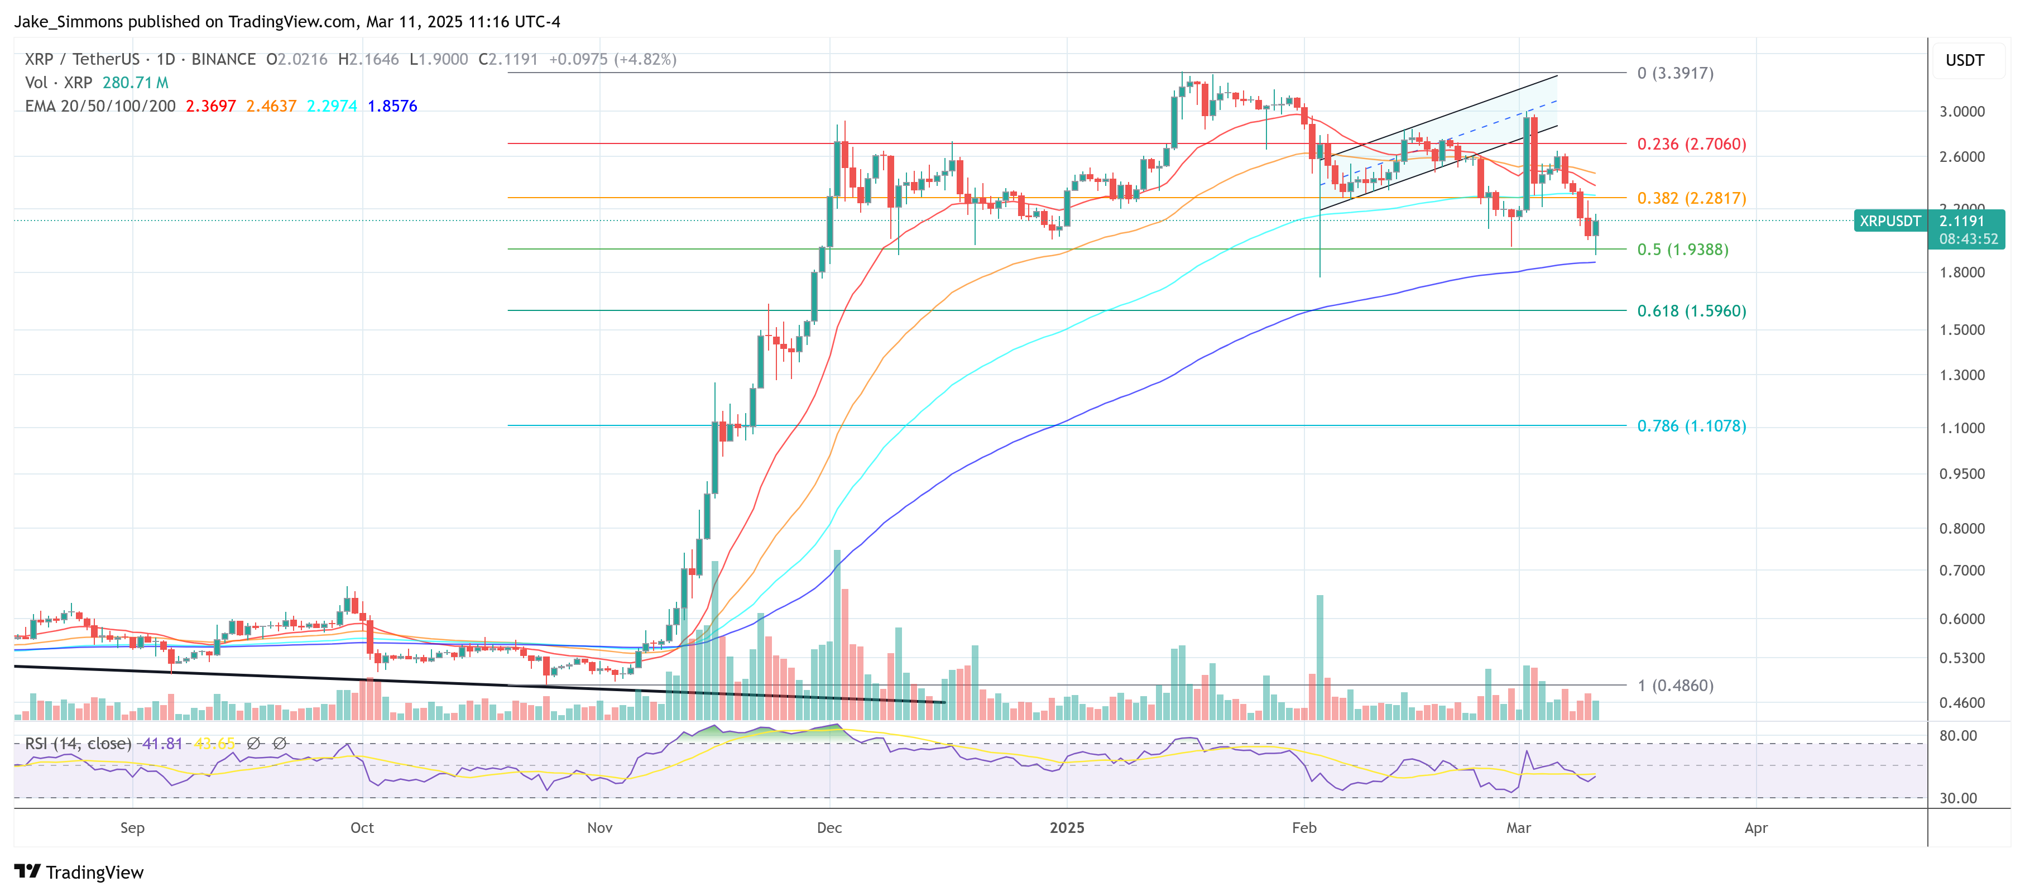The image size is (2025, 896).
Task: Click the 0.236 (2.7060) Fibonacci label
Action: point(1691,144)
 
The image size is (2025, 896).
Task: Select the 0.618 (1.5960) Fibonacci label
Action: point(1691,310)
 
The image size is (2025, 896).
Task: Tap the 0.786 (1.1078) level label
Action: point(1691,426)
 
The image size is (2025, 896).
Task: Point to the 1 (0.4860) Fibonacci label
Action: point(1674,686)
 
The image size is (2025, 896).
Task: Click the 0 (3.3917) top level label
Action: point(1674,73)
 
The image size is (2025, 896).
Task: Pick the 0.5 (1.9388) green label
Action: point(1682,249)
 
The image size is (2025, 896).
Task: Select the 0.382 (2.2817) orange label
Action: point(1691,198)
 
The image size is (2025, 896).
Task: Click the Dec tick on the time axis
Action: point(829,828)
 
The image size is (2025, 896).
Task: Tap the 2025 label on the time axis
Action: point(1067,828)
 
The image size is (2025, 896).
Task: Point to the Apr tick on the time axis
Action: point(1755,828)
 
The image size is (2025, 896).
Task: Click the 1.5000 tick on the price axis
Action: point(1961,329)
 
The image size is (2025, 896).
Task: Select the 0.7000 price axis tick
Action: point(1961,571)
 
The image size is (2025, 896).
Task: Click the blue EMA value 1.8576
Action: point(392,106)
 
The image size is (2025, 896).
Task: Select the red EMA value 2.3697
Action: point(210,106)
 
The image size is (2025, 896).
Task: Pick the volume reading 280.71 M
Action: point(135,83)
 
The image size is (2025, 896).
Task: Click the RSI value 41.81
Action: point(162,744)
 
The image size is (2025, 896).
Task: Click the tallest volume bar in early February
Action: point(1320,657)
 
